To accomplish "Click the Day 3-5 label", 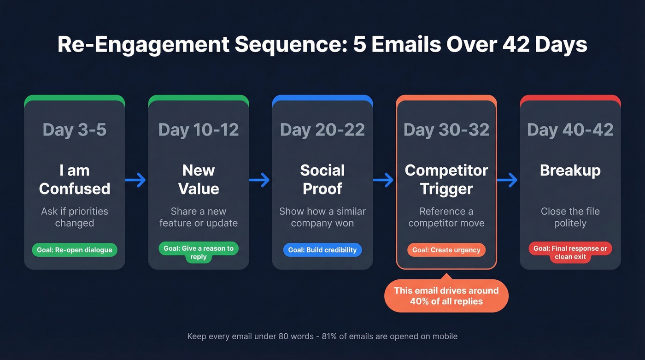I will pos(74,130).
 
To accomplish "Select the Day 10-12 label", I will pos(199,130).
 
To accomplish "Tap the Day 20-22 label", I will pos(322,130).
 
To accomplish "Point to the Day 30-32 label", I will pos(446,130).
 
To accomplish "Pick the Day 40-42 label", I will pos(570,130).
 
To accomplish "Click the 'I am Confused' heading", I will pos(74,179).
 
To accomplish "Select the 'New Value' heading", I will pos(199,179).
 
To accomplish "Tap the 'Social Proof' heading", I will pos(322,179).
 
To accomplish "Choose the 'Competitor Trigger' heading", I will pos(446,179).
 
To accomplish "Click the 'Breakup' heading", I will pos(570,171).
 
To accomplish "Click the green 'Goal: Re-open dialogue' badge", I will pos(75,250).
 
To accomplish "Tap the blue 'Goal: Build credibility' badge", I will pos(322,250).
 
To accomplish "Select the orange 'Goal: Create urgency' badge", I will pos(446,250).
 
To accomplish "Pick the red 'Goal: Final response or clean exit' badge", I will pos(570,252).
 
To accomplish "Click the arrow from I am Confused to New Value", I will pos(135,180).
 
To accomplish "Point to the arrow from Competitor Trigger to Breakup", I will pos(507,180).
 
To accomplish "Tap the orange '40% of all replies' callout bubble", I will pos(446,296).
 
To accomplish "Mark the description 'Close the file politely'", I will pos(570,217).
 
